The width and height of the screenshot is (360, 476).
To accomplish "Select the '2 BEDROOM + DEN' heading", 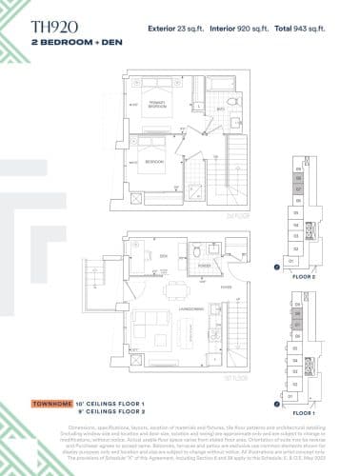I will [x=71, y=46].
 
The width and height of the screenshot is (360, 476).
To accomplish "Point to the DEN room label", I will [x=164, y=255].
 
